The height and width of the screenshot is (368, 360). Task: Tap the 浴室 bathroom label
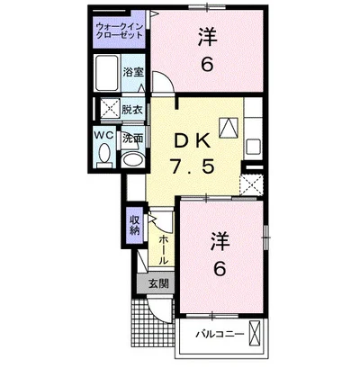pyautogui.click(x=134, y=71)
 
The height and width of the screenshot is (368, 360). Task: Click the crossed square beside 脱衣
pyautogui.click(x=109, y=110)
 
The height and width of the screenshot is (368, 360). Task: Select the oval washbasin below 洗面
pyautogui.click(x=132, y=159)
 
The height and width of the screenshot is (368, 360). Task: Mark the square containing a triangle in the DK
pyautogui.click(x=229, y=129)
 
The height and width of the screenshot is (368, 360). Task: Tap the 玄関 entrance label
pyautogui.click(x=156, y=284)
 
